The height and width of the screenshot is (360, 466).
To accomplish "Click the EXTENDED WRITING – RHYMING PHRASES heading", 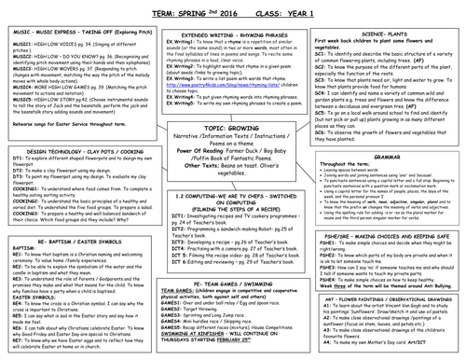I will point(233,33).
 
